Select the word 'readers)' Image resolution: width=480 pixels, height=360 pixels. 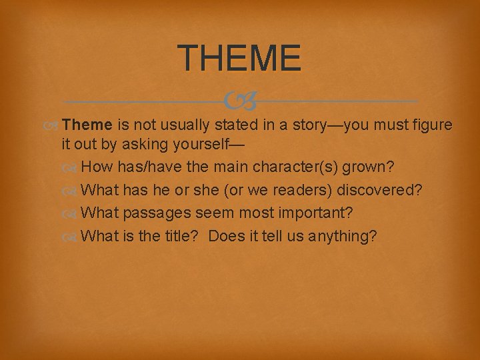coord(305,191)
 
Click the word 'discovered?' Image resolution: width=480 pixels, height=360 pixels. coord(379,191)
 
